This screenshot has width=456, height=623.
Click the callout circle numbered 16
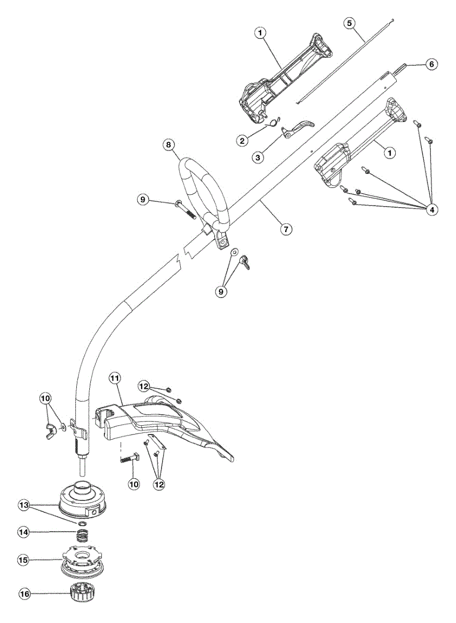coord(24,593)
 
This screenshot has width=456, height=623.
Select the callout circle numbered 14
coord(24,532)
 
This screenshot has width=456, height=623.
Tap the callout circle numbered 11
coord(115,378)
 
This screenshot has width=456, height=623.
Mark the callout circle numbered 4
coord(431,209)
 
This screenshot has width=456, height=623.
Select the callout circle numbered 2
coord(242,140)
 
